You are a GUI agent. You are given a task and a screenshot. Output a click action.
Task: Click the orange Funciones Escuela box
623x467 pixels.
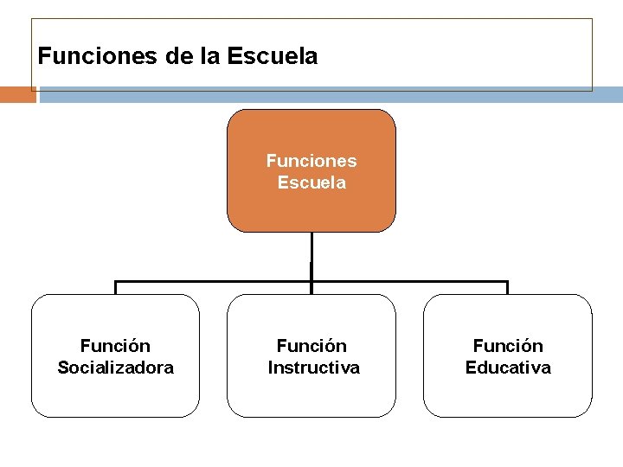click(x=311, y=208)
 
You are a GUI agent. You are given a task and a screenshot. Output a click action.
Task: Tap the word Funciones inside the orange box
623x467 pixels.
click(x=311, y=161)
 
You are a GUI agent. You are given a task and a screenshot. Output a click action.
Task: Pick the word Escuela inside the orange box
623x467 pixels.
click(x=311, y=182)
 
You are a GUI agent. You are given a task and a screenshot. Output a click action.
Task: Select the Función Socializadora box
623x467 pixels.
click(x=115, y=393)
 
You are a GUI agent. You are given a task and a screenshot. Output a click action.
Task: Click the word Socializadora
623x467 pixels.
click(x=115, y=368)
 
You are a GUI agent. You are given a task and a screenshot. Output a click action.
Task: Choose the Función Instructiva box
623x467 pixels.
click(x=311, y=393)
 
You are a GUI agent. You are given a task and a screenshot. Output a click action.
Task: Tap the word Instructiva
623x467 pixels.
click(x=313, y=368)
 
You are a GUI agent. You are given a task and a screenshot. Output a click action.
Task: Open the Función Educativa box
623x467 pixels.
click(x=508, y=393)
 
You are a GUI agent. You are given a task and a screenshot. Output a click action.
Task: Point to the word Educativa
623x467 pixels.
click(x=508, y=368)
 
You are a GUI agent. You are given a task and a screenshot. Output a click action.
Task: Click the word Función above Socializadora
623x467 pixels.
click(x=115, y=346)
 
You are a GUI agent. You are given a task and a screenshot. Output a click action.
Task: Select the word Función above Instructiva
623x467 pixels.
click(x=311, y=346)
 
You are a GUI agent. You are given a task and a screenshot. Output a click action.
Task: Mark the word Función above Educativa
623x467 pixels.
click(x=508, y=346)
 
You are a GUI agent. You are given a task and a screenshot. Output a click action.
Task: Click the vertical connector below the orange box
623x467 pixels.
click(x=311, y=256)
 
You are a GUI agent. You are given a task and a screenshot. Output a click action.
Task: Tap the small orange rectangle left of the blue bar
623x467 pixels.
click(x=17, y=94)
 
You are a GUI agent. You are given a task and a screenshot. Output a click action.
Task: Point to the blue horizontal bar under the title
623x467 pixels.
click(x=329, y=94)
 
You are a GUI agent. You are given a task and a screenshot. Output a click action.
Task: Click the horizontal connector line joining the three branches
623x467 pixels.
click(x=216, y=281)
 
